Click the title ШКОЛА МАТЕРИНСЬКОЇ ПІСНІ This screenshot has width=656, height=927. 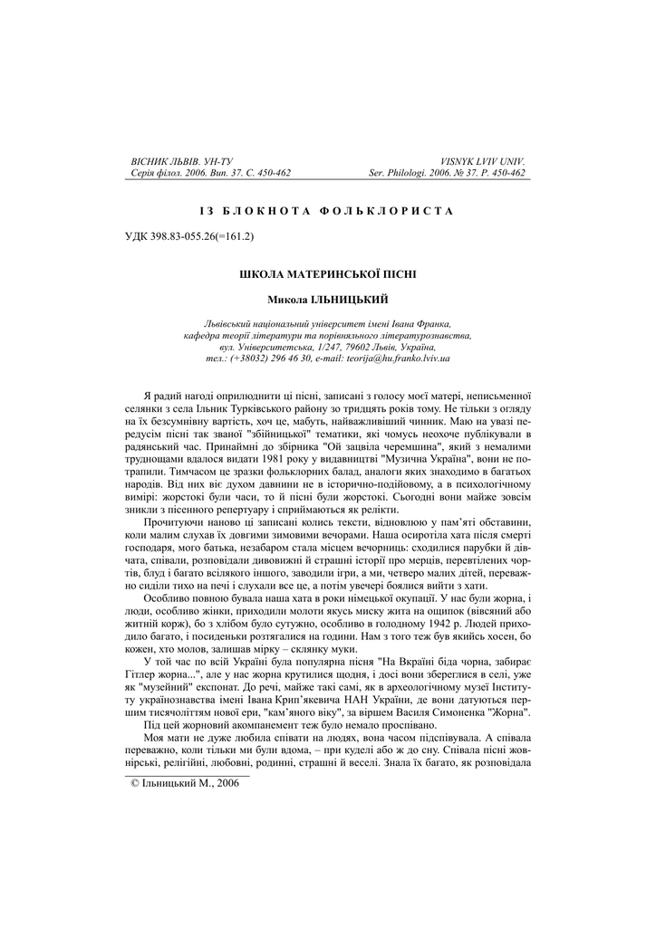click(327, 272)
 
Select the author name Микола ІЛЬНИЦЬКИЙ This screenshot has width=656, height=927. click(327, 298)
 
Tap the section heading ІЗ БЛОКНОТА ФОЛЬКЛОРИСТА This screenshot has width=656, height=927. click(327, 210)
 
